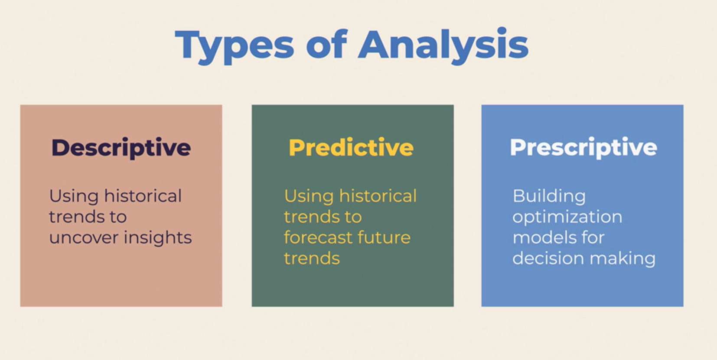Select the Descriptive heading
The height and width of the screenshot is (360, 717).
click(x=121, y=148)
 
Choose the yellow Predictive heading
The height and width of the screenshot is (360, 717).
click(x=351, y=147)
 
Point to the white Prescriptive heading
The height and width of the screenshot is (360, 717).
click(x=583, y=147)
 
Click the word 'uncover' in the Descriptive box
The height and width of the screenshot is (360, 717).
click(x=84, y=238)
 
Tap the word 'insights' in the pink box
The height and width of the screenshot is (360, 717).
click(x=158, y=237)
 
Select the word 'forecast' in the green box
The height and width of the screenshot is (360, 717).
click(x=317, y=237)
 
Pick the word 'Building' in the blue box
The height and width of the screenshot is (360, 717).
click(x=549, y=196)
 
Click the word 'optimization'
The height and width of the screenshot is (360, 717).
click(x=567, y=217)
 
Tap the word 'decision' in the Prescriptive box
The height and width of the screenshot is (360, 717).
click(x=548, y=258)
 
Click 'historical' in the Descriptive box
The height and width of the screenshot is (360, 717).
click(x=143, y=196)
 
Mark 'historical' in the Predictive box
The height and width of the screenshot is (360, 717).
click(x=378, y=196)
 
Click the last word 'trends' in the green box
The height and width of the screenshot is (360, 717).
click(x=312, y=259)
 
